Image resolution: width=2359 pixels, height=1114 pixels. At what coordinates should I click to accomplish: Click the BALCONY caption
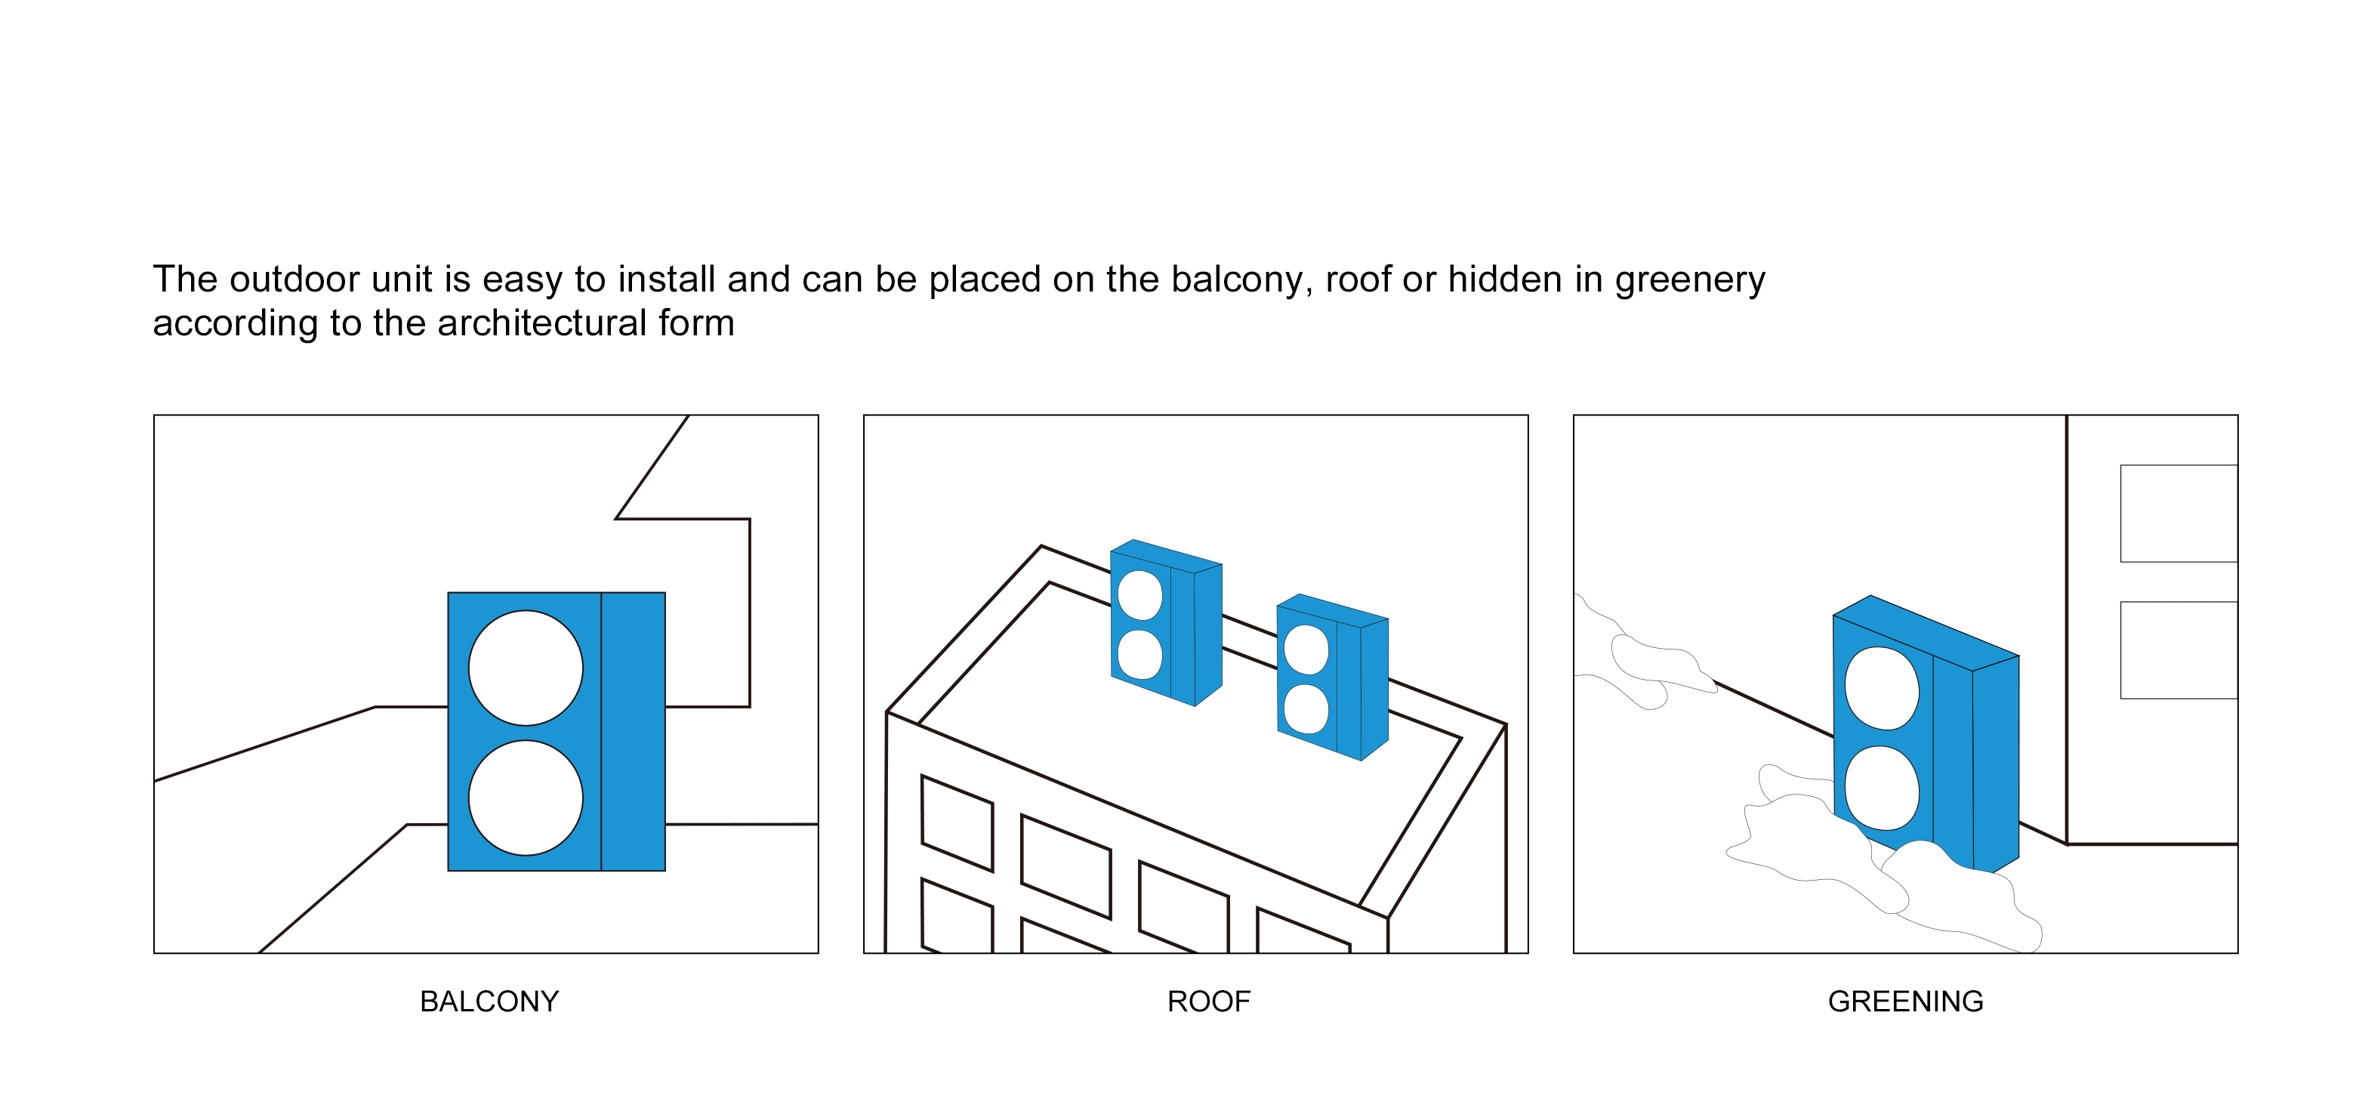tap(489, 1001)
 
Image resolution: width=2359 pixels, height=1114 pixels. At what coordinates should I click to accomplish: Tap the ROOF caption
tap(1208, 1001)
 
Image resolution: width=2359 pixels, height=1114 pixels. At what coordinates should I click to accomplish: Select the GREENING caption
tap(1904, 1001)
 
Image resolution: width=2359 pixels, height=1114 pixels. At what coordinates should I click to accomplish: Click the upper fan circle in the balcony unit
tap(526, 668)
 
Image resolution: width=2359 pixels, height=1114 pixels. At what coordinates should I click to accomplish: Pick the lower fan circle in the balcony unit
tap(526, 798)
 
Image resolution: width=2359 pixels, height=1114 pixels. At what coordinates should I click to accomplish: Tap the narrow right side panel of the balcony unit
tap(633, 731)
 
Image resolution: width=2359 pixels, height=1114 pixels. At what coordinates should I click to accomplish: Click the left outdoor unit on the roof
tap(1166, 623)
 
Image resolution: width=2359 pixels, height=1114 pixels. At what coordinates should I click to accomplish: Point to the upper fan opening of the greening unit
tap(1881, 688)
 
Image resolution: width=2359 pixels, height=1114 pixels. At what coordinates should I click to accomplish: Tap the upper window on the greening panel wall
tap(2178, 513)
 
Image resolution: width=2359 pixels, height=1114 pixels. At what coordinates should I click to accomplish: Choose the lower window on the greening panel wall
tap(2178, 650)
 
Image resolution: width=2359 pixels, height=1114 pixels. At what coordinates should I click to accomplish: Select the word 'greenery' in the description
tap(1689, 280)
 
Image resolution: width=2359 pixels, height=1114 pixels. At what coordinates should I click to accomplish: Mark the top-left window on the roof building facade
tap(957, 822)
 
